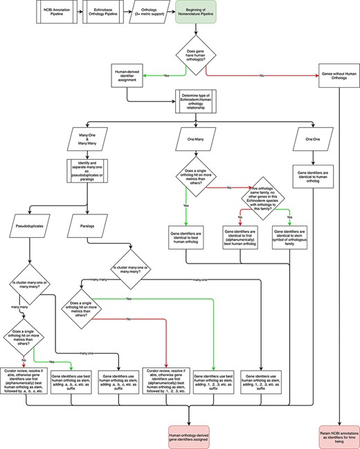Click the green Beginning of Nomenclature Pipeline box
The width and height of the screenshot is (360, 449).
coord(196,12)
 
